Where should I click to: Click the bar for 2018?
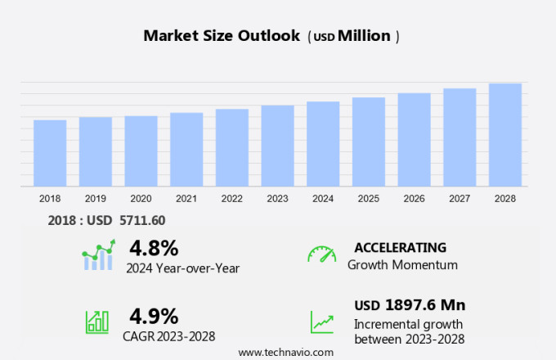pos(50,153)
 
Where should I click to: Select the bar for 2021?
pos(186,150)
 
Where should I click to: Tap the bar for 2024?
pos(323,144)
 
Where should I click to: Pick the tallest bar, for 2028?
pos(505,135)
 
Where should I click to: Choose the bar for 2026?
pos(415,140)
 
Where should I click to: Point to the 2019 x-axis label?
pos(95,198)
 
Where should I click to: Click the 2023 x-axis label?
pos(277,198)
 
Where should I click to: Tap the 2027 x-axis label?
pos(460,198)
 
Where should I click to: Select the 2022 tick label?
pos(232,198)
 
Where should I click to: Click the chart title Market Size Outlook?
pos(221,36)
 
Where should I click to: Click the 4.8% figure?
pos(154,247)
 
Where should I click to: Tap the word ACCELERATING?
pos(400,247)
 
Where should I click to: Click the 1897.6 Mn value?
pos(424,305)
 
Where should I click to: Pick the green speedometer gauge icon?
pos(321,254)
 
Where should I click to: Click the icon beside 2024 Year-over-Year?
pos(98,255)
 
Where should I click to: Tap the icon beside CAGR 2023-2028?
pos(97,321)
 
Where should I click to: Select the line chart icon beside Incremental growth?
pos(321,322)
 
